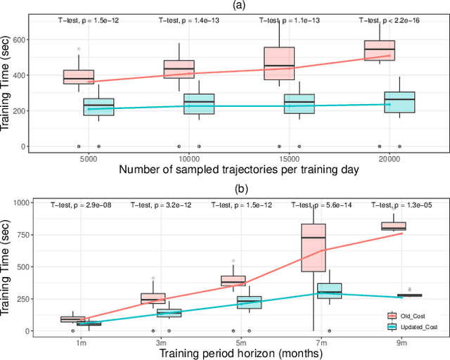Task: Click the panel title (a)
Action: pyautogui.click(x=238, y=6)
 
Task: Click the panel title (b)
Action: pyautogui.click(x=238, y=188)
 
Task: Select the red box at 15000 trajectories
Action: pyautogui.click(x=278, y=63)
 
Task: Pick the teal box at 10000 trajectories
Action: pyautogui.click(x=198, y=103)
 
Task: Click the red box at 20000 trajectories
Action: pyautogui.click(x=379, y=50)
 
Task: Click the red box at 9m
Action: pyautogui.click(x=393, y=226)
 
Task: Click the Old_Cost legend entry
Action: pyautogui.click(x=414, y=317)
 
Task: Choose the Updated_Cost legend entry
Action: pyautogui.click(x=417, y=326)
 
